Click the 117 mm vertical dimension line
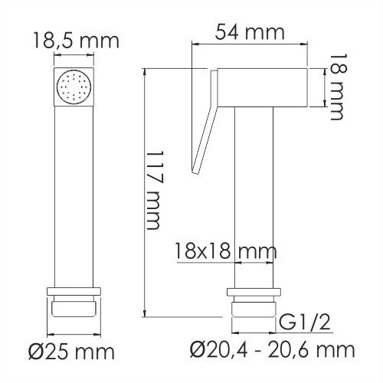pos(146,191)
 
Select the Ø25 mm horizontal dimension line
pos(75,336)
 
